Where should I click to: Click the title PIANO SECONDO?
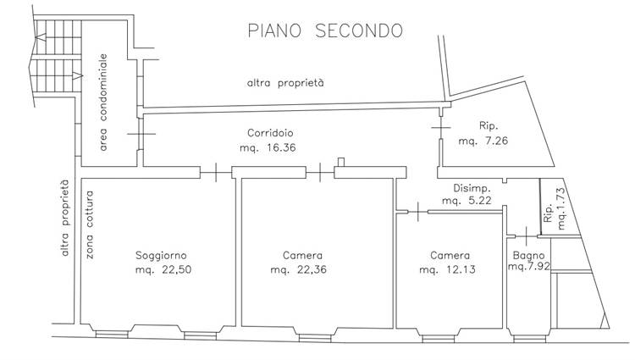(x=325, y=30)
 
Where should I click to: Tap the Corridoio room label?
(x=270, y=133)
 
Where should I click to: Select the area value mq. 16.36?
(x=268, y=147)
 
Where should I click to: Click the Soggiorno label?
(x=161, y=256)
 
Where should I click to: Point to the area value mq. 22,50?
(x=163, y=269)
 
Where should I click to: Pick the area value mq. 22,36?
(x=299, y=269)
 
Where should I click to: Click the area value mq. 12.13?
(x=447, y=269)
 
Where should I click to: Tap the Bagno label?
(x=528, y=256)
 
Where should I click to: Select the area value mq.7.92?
(x=529, y=267)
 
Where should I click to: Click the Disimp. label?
(x=472, y=188)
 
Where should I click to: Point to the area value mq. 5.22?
(x=467, y=201)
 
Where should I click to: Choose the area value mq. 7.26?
(x=483, y=141)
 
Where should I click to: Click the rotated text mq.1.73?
(x=560, y=208)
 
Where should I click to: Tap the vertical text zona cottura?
(x=90, y=224)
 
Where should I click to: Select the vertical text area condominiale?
(x=103, y=102)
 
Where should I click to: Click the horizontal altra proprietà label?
(x=285, y=83)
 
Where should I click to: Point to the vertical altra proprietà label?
(x=65, y=218)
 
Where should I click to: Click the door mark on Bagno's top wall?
(x=526, y=236)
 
